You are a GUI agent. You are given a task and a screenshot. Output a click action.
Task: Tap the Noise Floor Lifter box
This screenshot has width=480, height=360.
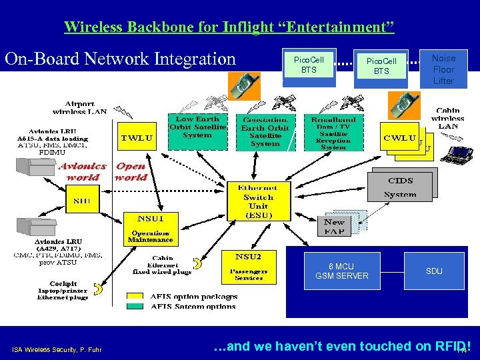tap(443, 69)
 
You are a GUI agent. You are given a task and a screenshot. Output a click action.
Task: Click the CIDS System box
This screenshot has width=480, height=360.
tap(400, 187)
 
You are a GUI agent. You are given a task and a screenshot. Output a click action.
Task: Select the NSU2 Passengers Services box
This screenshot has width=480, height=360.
tap(248, 266)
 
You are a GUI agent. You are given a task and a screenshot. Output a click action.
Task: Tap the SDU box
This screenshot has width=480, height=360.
tap(434, 271)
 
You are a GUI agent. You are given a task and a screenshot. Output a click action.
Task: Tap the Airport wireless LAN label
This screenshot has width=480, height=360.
tap(79, 108)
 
